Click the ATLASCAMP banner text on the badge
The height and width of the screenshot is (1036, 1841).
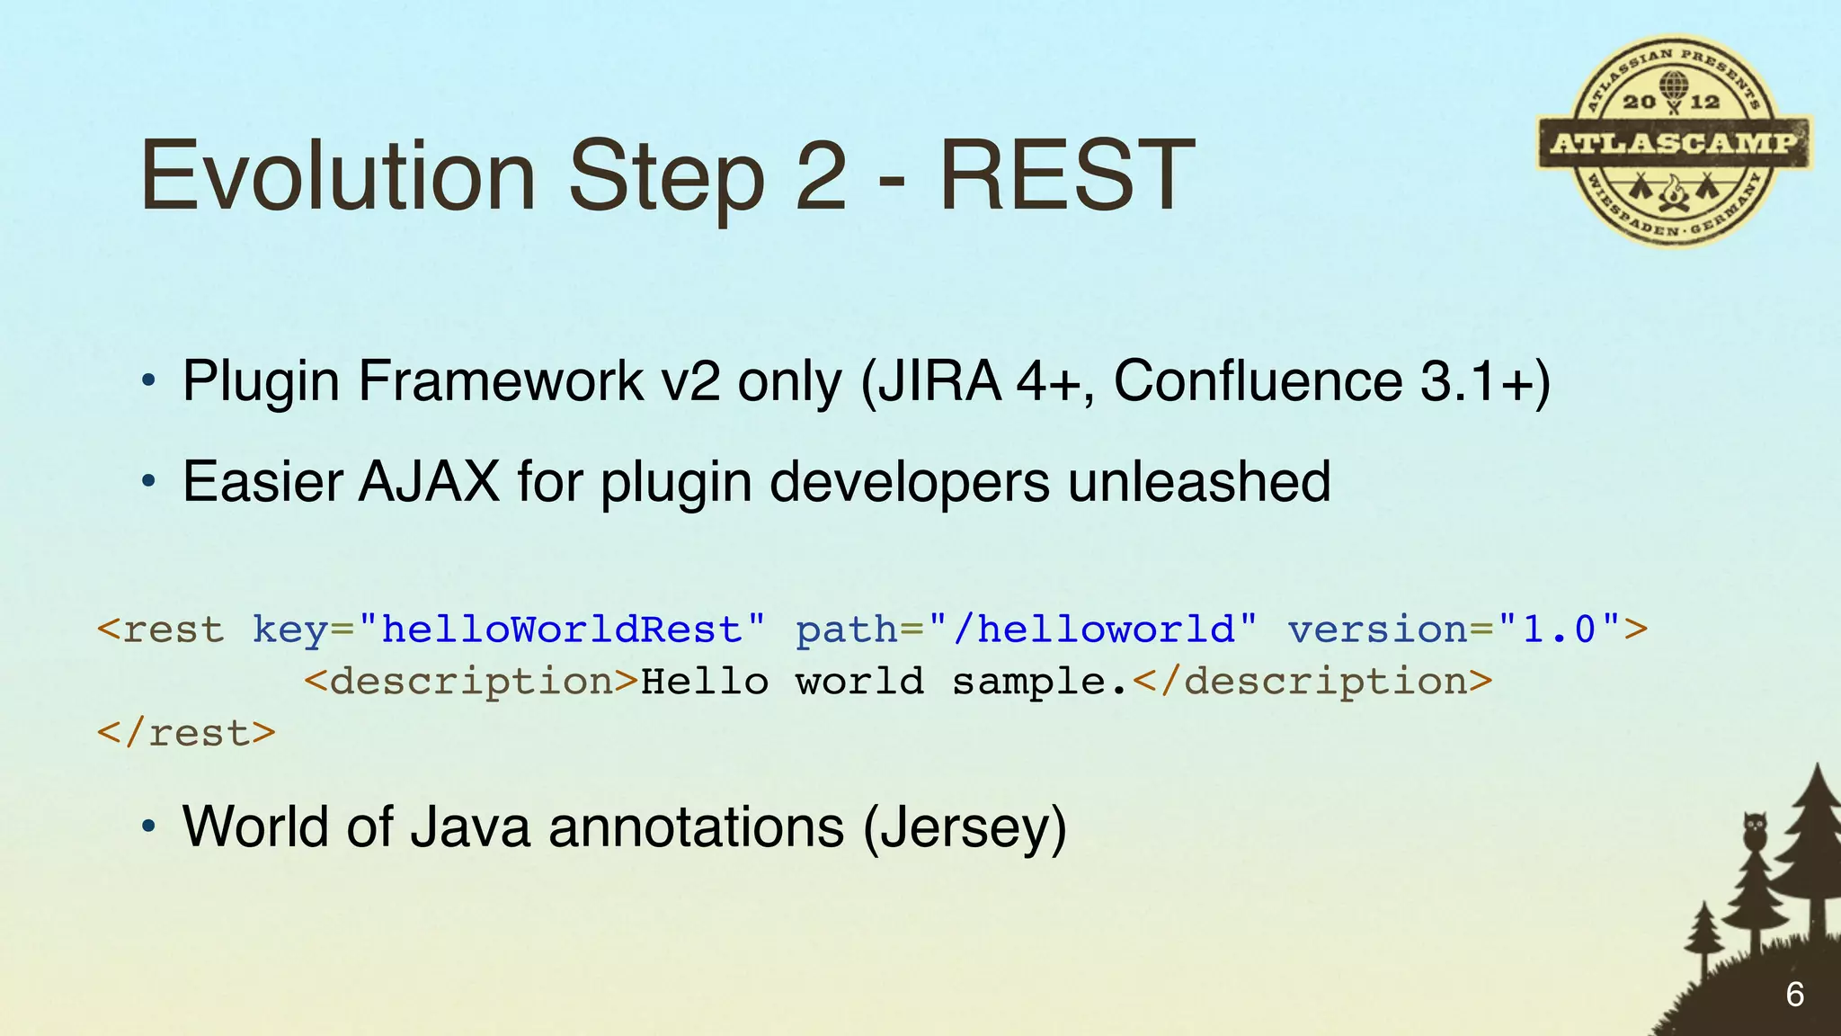tap(1674, 143)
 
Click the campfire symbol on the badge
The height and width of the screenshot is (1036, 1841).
tap(1673, 193)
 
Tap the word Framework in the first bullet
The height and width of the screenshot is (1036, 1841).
tap(500, 381)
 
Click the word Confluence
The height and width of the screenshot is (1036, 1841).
tap(1258, 381)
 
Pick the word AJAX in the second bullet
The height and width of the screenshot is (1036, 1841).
tap(430, 482)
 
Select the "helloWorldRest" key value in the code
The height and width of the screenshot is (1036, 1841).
tap(562, 630)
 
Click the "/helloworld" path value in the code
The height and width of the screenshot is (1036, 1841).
tap(1094, 630)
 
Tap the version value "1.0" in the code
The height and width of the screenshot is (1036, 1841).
tap(1560, 630)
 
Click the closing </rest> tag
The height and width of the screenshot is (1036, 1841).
tap(186, 734)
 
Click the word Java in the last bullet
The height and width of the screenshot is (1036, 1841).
tap(470, 827)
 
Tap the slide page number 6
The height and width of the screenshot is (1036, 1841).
tap(1794, 995)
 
